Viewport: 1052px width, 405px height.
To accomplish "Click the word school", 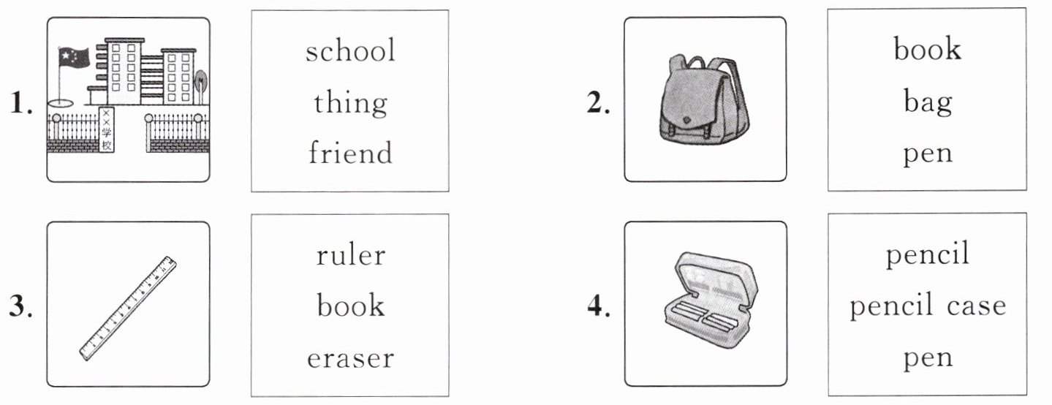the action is tap(350, 52).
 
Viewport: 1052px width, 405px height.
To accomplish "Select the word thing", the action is tap(350, 102).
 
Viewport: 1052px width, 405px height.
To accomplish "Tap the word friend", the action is tap(350, 154).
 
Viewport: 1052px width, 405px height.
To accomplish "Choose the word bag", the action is tap(927, 102).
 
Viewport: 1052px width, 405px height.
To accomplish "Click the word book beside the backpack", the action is tap(927, 50).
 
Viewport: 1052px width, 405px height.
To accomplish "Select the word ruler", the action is tap(350, 255).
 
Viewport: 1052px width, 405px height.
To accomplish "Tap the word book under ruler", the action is tap(350, 306).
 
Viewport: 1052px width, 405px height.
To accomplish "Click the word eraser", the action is tap(350, 358).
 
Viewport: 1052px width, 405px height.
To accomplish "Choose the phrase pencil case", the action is tap(927, 306).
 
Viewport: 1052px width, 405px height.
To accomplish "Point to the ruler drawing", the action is tap(128, 308).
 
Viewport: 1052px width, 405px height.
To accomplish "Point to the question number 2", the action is tap(598, 105).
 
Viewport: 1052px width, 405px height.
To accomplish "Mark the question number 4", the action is tap(598, 308).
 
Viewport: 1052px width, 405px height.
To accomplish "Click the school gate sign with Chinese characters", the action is tap(107, 130).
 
